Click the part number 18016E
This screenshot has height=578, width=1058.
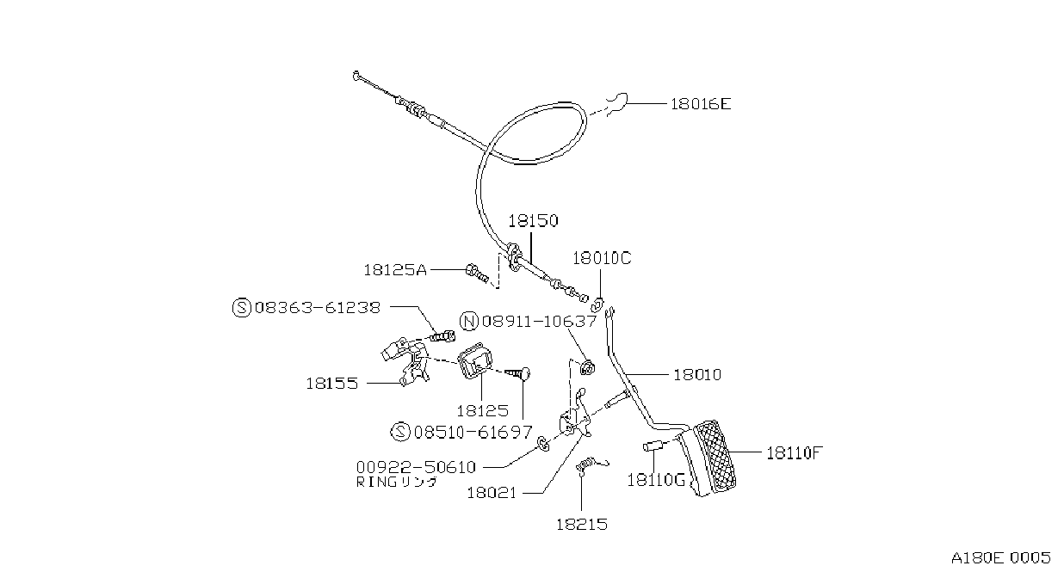coord(701,104)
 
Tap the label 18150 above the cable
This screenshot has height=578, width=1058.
coord(533,220)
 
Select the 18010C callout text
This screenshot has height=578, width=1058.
coord(602,258)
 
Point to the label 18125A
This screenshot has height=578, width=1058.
coord(395,270)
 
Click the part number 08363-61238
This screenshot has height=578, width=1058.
coord(318,308)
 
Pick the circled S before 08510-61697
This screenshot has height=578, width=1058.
coord(400,432)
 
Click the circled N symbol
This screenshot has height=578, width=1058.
coord(469,322)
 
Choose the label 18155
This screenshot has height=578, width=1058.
coord(332,383)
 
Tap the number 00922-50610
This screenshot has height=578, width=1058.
coord(416,467)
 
